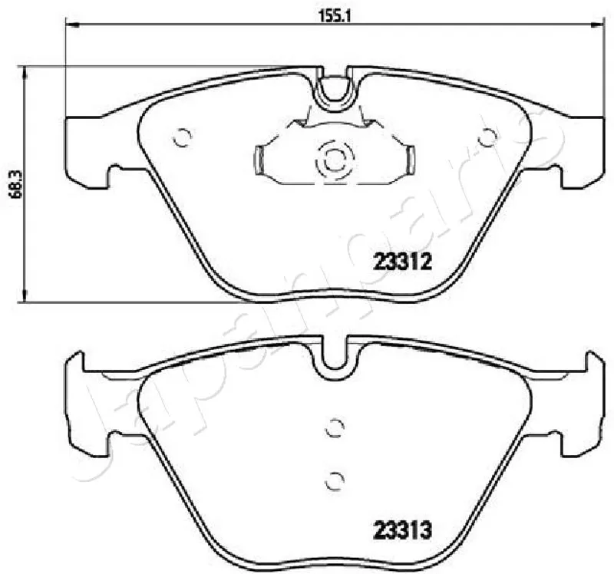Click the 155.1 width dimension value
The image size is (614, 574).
click(x=330, y=16)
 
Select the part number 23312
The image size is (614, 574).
click(x=402, y=262)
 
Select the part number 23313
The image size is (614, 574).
click(x=402, y=530)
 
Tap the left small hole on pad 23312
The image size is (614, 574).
click(x=182, y=137)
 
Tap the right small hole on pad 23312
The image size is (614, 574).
click(x=487, y=137)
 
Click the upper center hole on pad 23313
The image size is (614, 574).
click(x=335, y=427)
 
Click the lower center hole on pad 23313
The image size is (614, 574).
click(x=335, y=480)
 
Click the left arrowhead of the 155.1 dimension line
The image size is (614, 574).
click(x=71, y=25)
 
